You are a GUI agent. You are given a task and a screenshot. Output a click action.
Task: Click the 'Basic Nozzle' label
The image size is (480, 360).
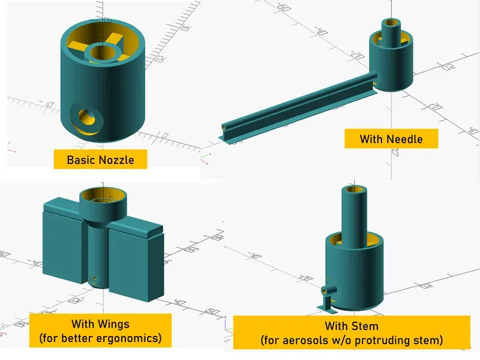coord(100,160)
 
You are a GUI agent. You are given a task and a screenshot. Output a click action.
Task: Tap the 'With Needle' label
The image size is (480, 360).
coord(391,139)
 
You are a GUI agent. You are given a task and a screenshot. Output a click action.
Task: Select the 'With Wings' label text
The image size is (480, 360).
coord(100,325)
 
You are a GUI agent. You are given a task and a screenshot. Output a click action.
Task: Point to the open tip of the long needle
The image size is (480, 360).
coord(224,129)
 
